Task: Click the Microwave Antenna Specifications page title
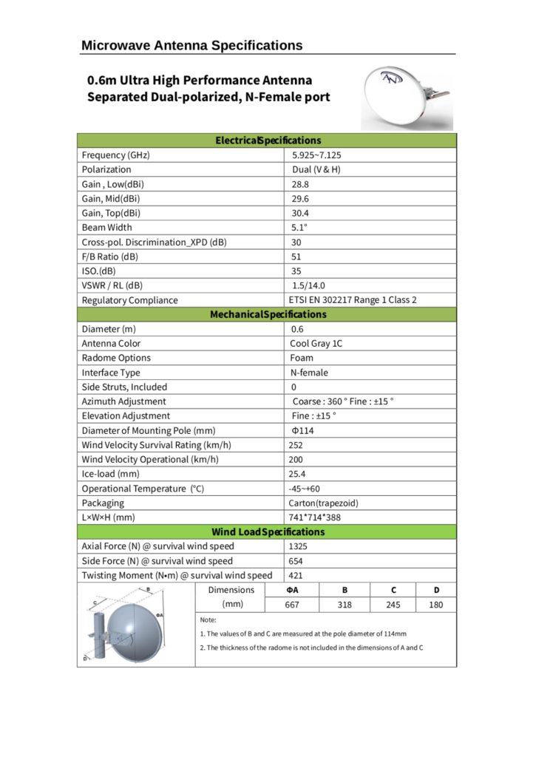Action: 191,46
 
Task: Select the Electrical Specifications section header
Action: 268,140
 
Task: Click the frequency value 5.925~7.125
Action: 316,155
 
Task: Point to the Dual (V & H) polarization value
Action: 316,169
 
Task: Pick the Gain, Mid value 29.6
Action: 300,198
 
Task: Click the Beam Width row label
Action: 107,228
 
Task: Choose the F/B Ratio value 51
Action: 296,257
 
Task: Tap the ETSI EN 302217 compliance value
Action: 353,300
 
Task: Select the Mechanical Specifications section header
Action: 268,314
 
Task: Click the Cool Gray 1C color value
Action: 316,344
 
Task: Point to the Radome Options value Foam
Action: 302,358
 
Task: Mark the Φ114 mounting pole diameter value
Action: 303,430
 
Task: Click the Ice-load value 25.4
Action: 299,474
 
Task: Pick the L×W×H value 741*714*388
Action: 314,517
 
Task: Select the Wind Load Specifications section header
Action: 268,532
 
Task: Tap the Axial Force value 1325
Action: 299,546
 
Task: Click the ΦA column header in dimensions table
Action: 292,590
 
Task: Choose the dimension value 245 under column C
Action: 393,605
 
